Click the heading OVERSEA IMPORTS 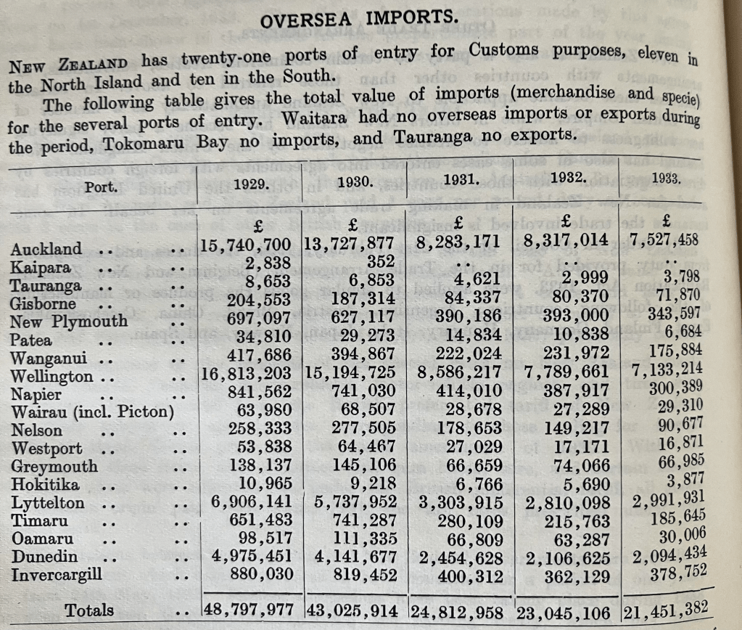point(358,20)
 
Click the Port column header point(102,187)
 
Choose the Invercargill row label point(57,574)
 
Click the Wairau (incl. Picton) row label point(92,412)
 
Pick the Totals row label point(88,610)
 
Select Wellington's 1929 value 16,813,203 point(246,375)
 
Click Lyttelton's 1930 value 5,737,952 point(351,502)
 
